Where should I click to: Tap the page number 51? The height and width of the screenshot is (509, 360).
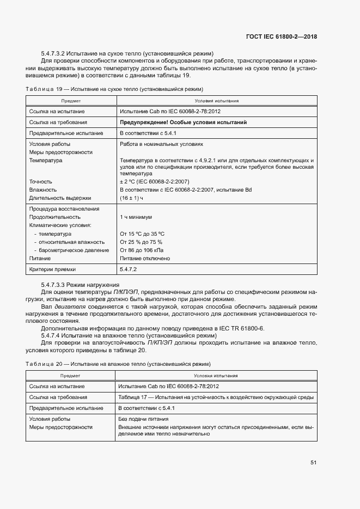(314, 463)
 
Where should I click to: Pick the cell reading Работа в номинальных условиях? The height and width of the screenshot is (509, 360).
(161, 144)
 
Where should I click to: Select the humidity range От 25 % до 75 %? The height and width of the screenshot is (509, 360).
(141, 242)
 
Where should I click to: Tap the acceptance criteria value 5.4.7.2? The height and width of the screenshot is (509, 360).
(128, 269)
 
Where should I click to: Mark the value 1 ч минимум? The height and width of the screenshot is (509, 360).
(136, 217)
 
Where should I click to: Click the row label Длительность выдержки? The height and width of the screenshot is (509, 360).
(60, 198)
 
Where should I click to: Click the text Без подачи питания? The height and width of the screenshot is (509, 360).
(143, 419)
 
